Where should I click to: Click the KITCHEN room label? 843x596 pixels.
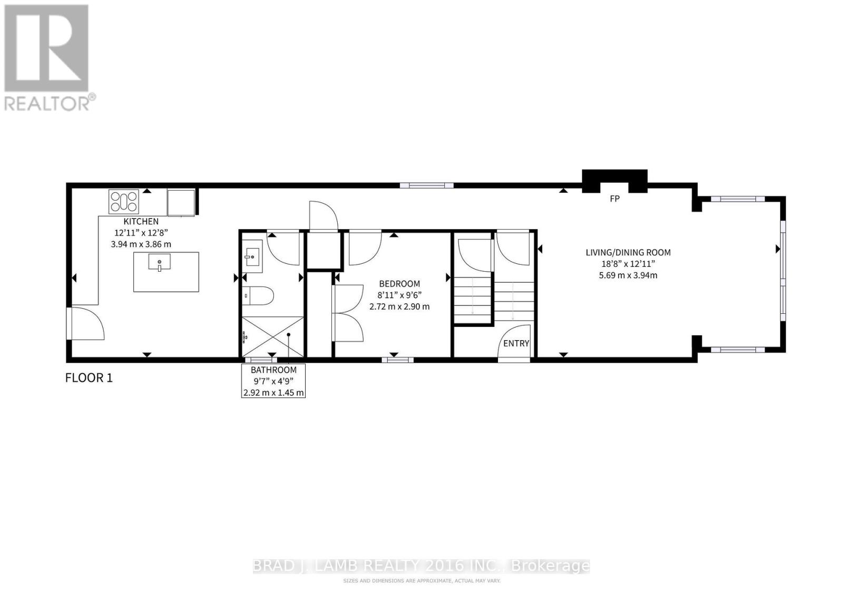141,222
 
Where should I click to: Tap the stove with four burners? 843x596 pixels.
124,201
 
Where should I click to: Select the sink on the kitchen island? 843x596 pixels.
159,262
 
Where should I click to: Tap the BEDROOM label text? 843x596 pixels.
399,284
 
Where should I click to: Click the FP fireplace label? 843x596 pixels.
614,199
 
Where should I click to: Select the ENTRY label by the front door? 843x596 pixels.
516,343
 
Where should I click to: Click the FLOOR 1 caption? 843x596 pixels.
89,378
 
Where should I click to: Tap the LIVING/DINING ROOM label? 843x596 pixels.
628,253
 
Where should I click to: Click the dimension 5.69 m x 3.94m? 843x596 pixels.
628,275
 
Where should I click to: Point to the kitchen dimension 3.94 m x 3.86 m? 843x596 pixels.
141,244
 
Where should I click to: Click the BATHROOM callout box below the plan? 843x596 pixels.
273,381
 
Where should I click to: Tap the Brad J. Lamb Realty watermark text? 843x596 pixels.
421,566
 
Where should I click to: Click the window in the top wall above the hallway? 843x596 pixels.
426,185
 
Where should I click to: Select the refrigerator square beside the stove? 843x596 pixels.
181,202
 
